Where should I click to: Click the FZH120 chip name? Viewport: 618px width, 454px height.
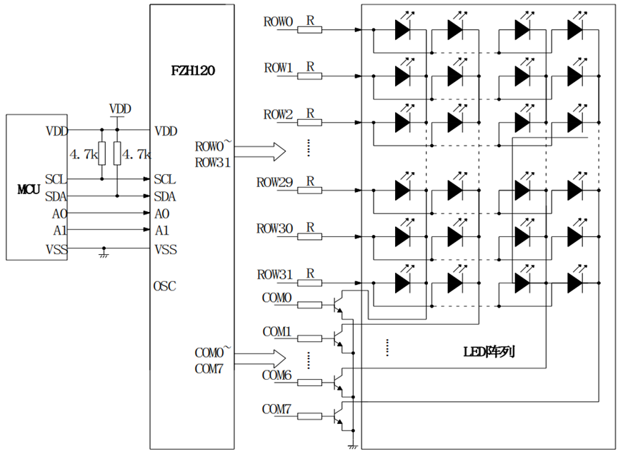[x=193, y=71]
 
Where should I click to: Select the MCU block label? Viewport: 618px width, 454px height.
[x=29, y=189]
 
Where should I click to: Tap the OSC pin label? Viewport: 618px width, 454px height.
[x=165, y=286]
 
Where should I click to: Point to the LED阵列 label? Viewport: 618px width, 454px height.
[x=489, y=351]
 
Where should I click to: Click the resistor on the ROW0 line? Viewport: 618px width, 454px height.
[x=309, y=29]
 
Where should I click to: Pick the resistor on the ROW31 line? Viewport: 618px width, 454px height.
[x=309, y=283]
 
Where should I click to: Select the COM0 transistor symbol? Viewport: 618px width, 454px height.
[x=338, y=305]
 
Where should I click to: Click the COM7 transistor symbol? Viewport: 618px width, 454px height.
[x=338, y=416]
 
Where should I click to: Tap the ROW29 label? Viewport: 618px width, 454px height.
[x=275, y=182]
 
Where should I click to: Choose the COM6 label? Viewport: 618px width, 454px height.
[x=276, y=375]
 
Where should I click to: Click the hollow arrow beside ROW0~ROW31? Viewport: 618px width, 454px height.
[x=260, y=151]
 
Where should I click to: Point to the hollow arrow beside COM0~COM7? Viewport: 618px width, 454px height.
[x=260, y=359]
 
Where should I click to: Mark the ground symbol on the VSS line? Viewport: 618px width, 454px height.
[x=104, y=253]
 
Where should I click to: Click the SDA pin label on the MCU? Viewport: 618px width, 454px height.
[x=56, y=196]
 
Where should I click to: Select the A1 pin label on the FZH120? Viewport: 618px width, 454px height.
[x=162, y=230]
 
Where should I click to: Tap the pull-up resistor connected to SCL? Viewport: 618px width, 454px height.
[x=102, y=153]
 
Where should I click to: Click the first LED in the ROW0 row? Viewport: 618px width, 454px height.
[x=403, y=29]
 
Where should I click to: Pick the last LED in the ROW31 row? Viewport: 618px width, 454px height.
[x=575, y=282]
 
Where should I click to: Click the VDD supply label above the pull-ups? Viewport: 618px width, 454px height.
[x=120, y=109]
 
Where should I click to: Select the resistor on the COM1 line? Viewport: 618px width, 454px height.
[x=309, y=338]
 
